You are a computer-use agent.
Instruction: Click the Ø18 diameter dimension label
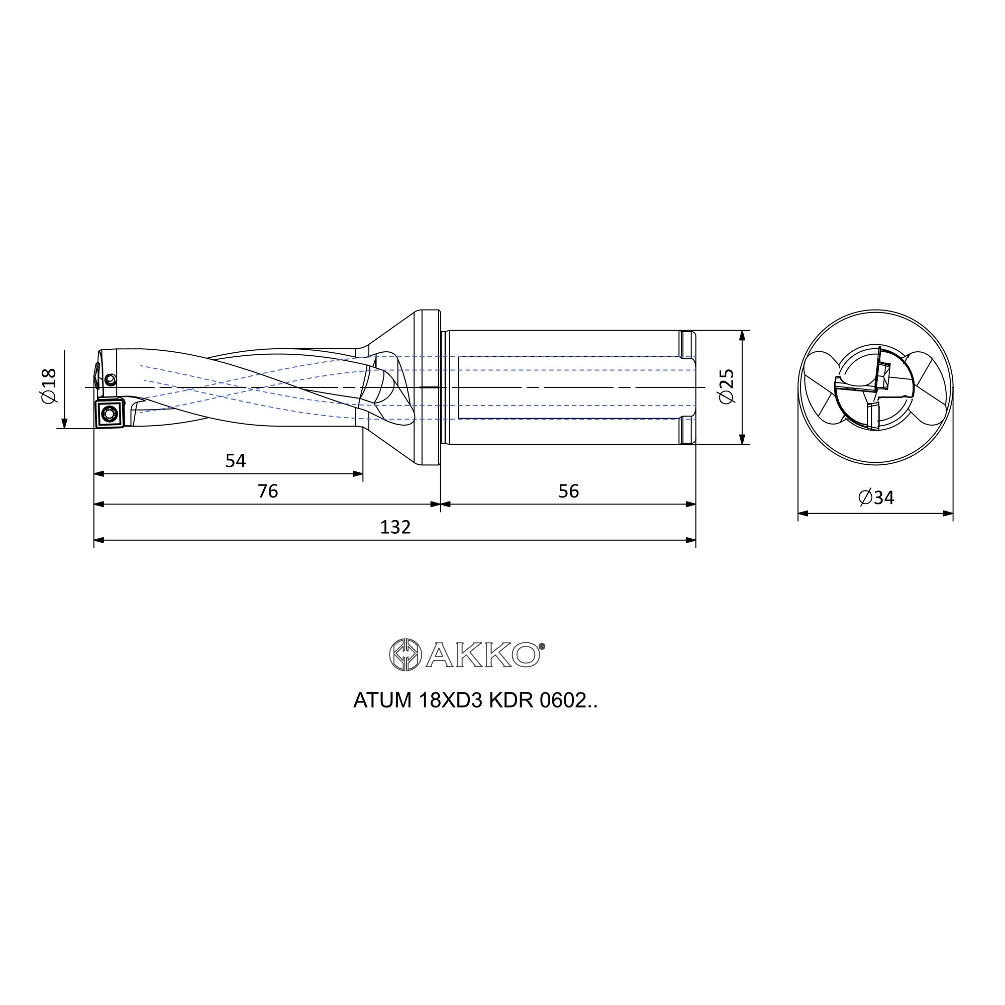48,385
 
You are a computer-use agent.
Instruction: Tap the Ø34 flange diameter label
876,498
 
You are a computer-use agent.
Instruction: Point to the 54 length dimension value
235,460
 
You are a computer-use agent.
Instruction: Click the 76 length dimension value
268,491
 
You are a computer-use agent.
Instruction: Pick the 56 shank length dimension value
568,491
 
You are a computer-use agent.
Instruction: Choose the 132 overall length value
395,528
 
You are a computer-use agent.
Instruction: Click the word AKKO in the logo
482,654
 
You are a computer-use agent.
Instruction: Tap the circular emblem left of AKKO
406,654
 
